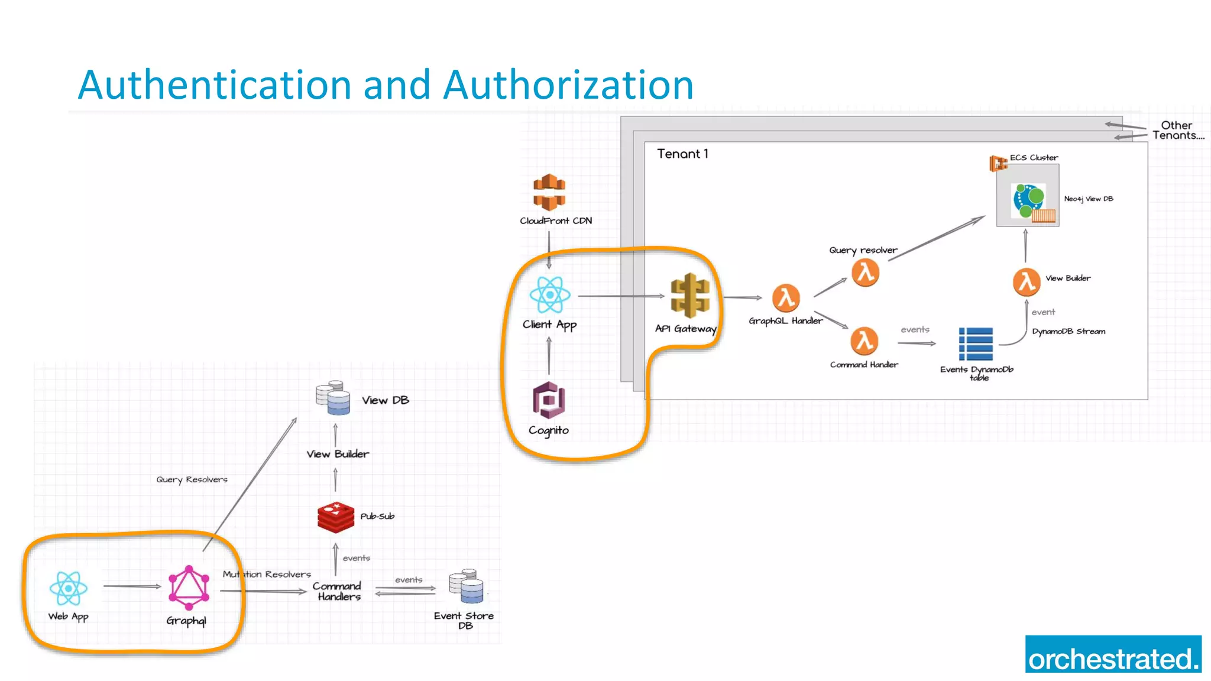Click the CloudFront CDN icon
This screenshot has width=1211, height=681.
[549, 192]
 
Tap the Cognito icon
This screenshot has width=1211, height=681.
[549, 400]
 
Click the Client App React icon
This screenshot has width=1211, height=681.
[550, 294]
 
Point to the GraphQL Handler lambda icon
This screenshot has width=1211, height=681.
[786, 297]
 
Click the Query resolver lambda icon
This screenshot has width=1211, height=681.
[865, 273]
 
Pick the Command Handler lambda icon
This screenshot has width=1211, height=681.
[864, 341]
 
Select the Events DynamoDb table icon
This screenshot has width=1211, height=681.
[976, 344]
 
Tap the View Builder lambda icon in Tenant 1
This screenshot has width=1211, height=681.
[1027, 282]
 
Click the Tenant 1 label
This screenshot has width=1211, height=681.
[682, 154]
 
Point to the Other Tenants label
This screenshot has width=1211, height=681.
[1177, 130]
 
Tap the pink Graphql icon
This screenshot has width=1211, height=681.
[189, 588]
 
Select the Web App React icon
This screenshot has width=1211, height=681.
[69, 588]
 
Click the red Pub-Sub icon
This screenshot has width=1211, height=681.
[335, 517]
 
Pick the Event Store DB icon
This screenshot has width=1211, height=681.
[466, 586]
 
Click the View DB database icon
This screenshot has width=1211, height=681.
[333, 398]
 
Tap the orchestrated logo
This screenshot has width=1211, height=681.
[1113, 654]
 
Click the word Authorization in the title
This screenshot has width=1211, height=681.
[568, 85]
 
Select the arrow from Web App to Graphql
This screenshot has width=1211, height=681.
[132, 586]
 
